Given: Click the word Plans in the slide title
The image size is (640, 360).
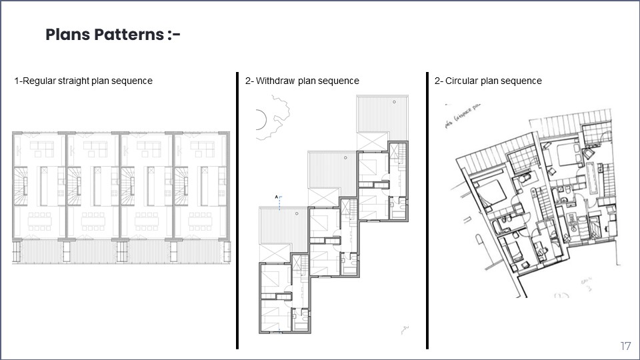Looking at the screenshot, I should (67, 35).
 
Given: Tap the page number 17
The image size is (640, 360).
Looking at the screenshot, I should (625, 346).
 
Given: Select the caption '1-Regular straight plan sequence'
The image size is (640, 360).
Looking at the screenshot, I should (83, 81).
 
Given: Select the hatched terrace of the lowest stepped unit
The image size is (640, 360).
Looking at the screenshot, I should (283, 225).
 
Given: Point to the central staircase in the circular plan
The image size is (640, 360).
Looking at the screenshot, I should (544, 200).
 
